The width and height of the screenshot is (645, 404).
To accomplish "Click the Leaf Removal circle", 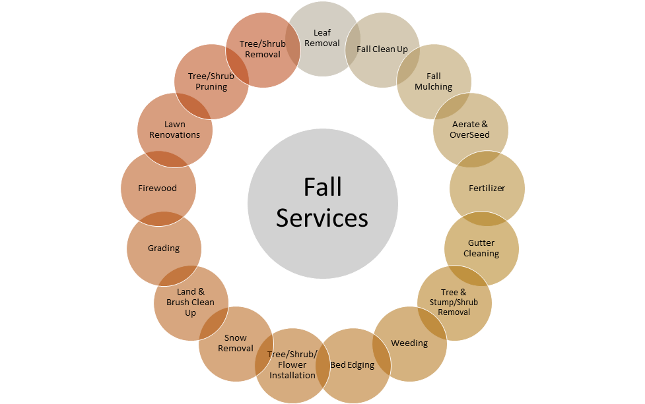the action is (x=322, y=39).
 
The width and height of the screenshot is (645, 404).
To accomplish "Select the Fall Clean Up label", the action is (x=382, y=49).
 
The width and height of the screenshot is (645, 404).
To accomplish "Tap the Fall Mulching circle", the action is (x=434, y=82).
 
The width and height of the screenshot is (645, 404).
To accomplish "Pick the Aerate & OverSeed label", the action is (x=470, y=129).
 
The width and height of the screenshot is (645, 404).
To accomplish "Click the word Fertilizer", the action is (x=487, y=188).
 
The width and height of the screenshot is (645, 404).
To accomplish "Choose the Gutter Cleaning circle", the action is (x=481, y=248).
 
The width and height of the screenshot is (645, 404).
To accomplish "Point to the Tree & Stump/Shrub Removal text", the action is (x=454, y=303).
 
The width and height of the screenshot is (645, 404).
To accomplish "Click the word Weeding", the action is (x=409, y=343).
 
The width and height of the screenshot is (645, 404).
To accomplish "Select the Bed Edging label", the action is (x=352, y=365).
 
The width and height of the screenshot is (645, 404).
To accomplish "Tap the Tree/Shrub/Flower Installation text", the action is (x=292, y=364).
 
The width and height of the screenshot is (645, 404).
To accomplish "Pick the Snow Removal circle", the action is (x=236, y=343).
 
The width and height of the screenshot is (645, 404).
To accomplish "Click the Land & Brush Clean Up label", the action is (x=190, y=303).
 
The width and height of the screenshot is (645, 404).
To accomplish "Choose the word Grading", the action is (x=164, y=248).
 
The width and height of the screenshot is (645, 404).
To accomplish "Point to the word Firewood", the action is (x=158, y=188).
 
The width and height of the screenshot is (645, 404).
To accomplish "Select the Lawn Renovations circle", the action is (x=175, y=130).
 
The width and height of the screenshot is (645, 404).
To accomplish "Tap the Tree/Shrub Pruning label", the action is (x=211, y=81).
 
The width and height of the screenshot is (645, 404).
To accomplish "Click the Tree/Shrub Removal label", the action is (x=263, y=49).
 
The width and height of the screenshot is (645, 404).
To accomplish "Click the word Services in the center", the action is (x=322, y=217).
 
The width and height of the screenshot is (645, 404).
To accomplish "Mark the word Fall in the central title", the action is (x=322, y=187).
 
